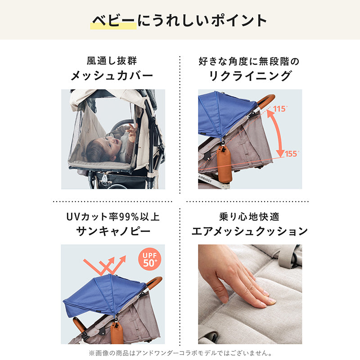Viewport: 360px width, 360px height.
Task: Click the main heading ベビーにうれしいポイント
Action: (x=179, y=20)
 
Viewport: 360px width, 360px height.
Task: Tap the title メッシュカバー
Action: (x=112, y=76)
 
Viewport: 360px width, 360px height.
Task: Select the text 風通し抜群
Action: (x=112, y=61)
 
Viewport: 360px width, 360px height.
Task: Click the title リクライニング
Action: (x=250, y=76)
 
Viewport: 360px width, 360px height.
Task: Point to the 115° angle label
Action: (x=280, y=108)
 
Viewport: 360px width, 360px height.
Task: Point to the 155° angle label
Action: (x=292, y=153)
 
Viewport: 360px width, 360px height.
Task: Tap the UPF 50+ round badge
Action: (x=150, y=259)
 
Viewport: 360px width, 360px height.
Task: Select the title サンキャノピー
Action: (x=113, y=231)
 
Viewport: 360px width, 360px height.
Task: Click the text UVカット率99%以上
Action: (x=113, y=217)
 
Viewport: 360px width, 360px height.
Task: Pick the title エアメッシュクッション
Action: (x=250, y=231)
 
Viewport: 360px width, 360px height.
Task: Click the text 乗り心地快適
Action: (x=249, y=217)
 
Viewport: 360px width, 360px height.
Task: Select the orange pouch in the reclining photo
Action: (x=224, y=163)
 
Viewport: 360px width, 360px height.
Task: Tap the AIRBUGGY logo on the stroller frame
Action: (x=205, y=179)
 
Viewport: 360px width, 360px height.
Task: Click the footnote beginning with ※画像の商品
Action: (x=180, y=353)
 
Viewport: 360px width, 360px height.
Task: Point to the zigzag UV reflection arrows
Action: (x=104, y=265)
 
